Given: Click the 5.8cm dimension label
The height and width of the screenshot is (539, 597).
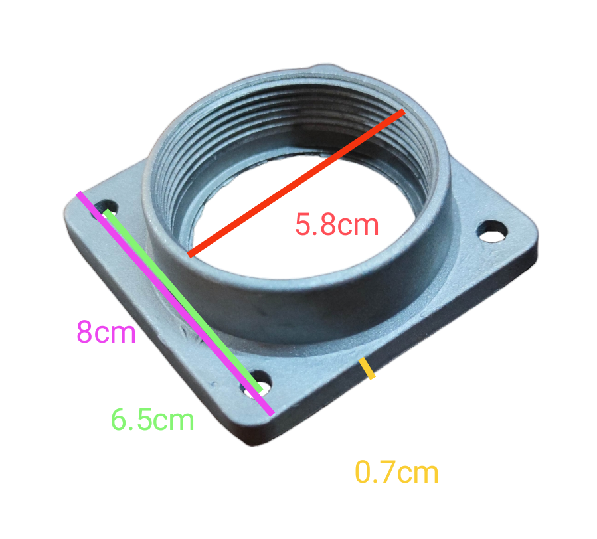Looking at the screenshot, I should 337,224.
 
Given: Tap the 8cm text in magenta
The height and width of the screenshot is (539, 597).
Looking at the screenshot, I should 106,332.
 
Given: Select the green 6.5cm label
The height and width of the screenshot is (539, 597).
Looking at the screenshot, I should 153,420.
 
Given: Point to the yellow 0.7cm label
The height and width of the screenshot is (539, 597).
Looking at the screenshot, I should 396,473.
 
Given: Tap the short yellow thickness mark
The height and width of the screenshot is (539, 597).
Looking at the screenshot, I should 367,369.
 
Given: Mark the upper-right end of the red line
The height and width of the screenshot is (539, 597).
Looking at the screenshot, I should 402,112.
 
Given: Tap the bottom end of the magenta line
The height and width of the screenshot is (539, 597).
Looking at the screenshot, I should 271,414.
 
